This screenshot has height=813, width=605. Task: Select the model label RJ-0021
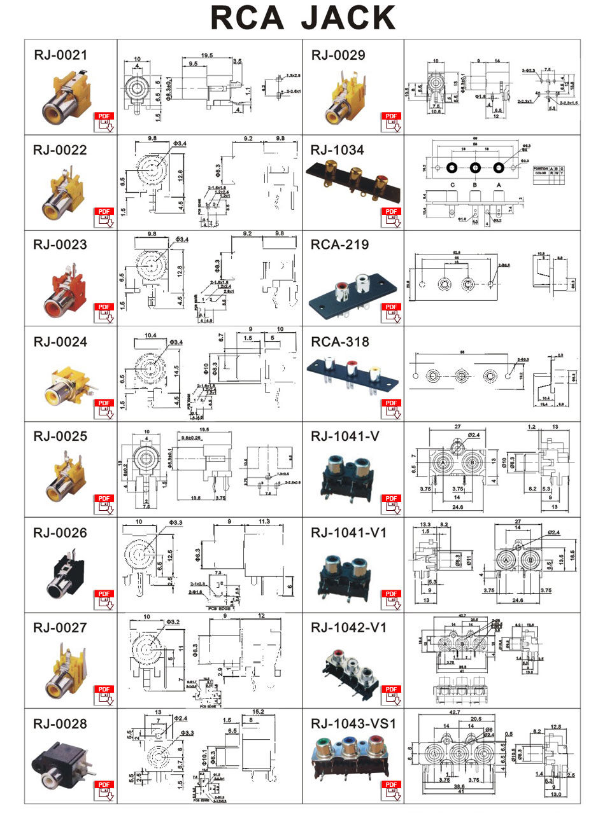point(60,55)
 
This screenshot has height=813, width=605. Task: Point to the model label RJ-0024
point(60,342)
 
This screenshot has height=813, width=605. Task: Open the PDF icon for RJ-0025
point(104,503)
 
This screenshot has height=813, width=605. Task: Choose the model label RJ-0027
point(60,629)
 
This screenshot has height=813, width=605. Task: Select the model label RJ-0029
point(338,55)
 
